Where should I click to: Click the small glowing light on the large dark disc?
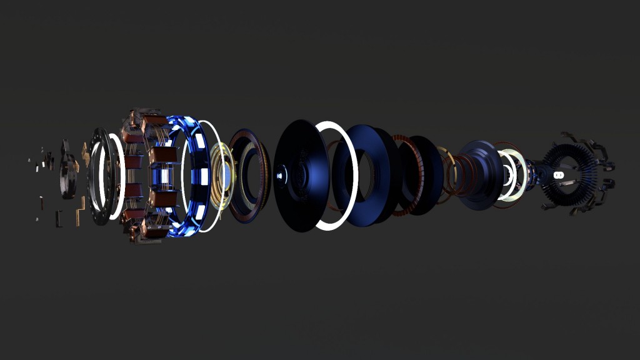(x=279, y=175)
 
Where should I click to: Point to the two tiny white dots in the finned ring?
(x=558, y=174)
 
